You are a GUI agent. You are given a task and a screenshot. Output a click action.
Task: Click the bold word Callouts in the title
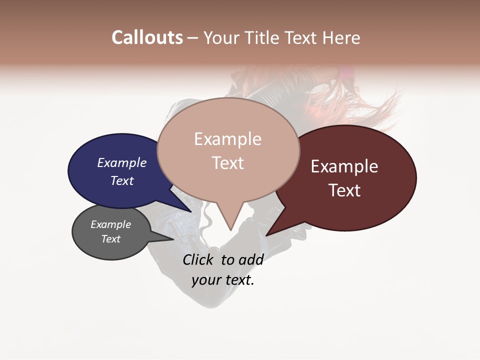point(147,37)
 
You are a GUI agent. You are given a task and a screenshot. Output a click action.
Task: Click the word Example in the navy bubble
point(121,162)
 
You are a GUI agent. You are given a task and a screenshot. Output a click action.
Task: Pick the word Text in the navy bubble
point(121,180)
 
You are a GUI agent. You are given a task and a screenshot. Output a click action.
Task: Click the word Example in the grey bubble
point(110,224)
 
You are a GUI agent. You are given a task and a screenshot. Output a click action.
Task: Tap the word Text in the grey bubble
point(110,239)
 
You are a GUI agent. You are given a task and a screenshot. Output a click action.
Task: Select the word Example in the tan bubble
point(227,139)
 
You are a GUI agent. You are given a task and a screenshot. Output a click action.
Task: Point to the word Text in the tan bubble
point(227,163)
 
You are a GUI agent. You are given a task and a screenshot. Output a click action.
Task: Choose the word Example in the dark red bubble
point(344,166)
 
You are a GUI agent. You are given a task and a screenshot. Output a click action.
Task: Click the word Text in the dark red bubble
point(344,190)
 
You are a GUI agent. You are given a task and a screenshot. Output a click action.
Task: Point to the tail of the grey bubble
point(167,238)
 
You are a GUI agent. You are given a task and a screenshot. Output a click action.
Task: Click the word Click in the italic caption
point(198,259)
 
